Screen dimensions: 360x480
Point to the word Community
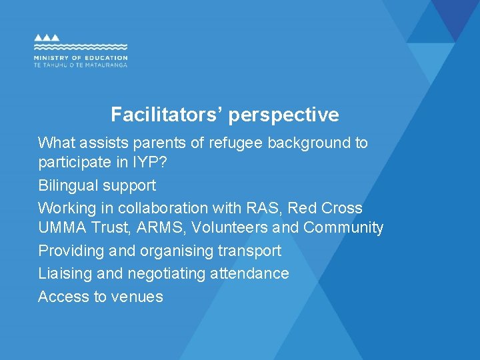(343, 228)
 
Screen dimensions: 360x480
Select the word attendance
(249, 273)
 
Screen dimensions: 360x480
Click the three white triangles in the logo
(47, 38)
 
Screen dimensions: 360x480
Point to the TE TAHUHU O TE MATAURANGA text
(80, 65)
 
